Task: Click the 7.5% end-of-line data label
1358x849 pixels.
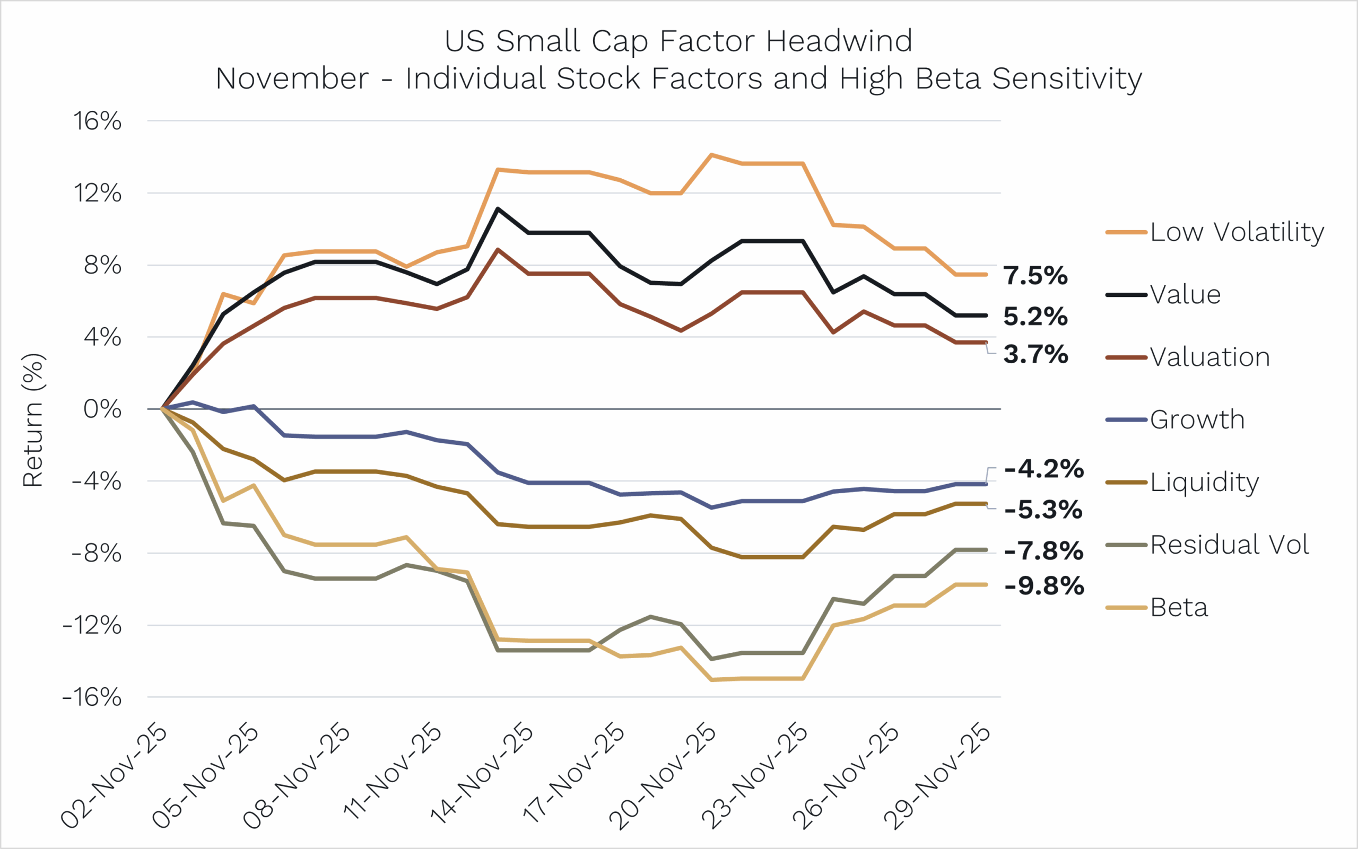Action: pyautogui.click(x=1035, y=276)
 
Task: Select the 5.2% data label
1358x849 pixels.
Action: pyautogui.click(x=1035, y=317)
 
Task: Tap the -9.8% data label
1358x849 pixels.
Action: pyautogui.click(x=1044, y=585)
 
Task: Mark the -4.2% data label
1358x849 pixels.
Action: pyautogui.click(x=1044, y=469)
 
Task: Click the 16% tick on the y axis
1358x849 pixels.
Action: pyautogui.click(x=97, y=121)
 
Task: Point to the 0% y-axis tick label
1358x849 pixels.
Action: pyautogui.click(x=102, y=409)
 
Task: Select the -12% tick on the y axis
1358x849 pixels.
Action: pyautogui.click(x=92, y=626)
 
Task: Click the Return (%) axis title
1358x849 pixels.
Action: pyautogui.click(x=32, y=420)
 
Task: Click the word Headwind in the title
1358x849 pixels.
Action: pyautogui.click(x=839, y=41)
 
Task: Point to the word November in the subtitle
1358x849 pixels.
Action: pyautogui.click(x=292, y=78)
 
